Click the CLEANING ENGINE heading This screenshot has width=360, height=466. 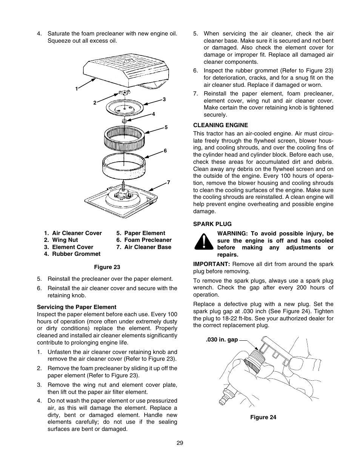tap(220, 125)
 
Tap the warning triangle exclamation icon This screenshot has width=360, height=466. tap(204, 241)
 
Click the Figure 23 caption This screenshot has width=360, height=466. tap(107, 267)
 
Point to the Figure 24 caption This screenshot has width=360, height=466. tap(263, 417)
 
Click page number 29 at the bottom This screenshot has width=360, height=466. tap(180, 443)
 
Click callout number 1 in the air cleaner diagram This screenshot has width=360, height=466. tap(76, 89)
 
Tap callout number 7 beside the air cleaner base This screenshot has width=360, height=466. tap(169, 182)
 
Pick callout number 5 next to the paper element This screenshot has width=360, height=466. tap(166, 127)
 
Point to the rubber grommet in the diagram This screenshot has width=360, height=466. tap(124, 121)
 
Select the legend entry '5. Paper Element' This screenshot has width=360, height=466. tap(141, 233)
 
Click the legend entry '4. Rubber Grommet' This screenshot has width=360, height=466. tap(72, 254)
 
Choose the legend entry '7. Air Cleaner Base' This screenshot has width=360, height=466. tap(144, 247)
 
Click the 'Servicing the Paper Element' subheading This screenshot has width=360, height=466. tap(77, 307)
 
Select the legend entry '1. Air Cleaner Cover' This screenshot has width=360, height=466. tap(73, 233)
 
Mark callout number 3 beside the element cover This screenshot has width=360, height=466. tap(164, 99)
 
